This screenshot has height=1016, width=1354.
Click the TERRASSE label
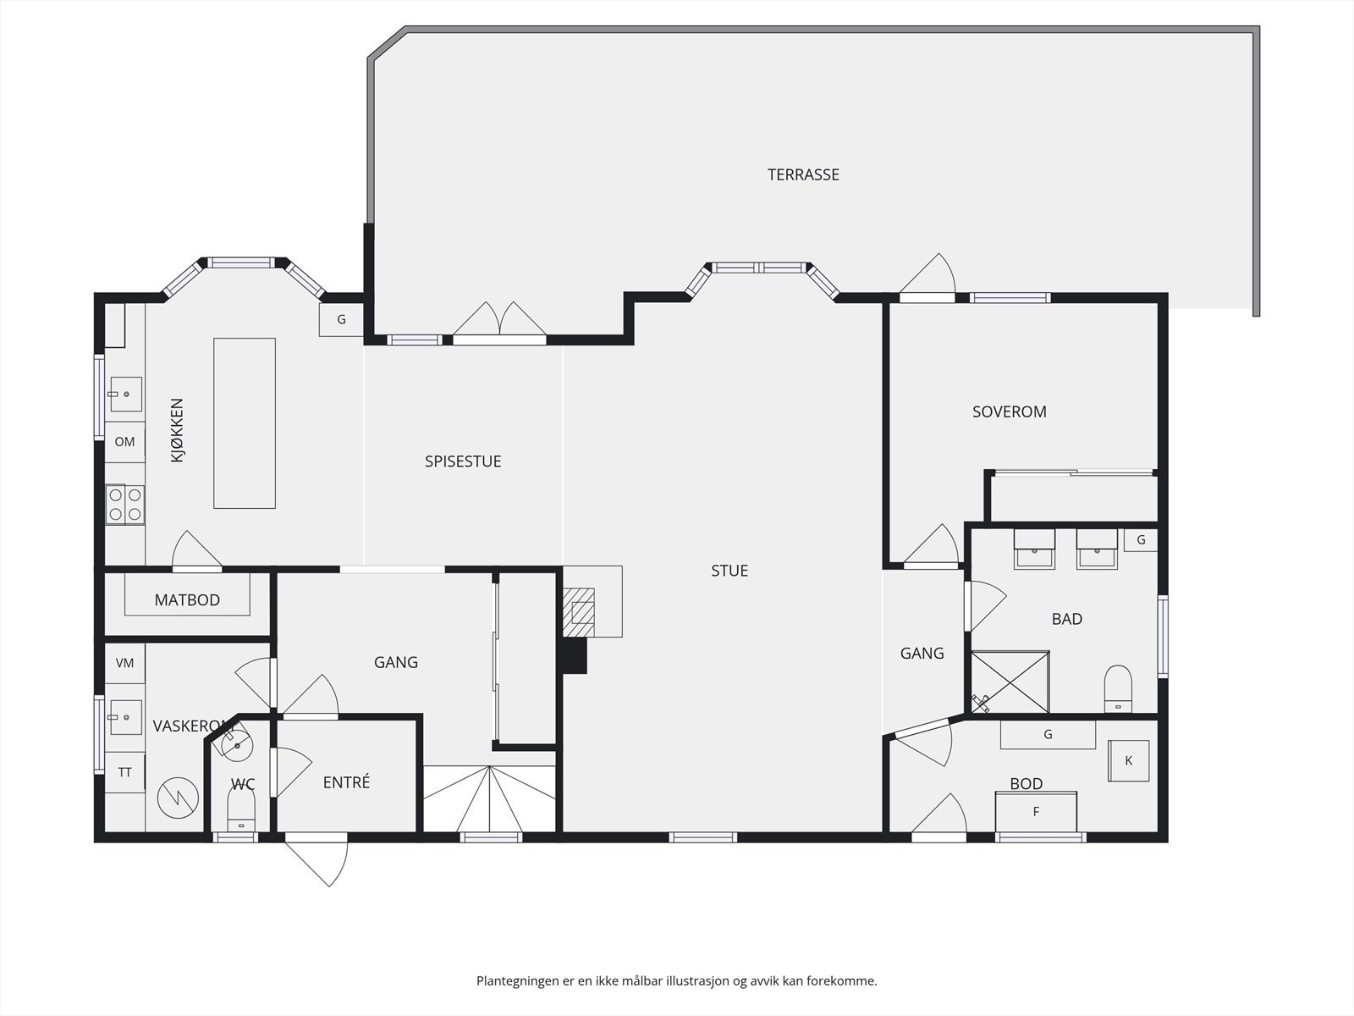click(803, 174)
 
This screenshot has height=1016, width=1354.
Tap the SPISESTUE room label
click(463, 461)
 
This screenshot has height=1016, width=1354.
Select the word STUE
click(729, 571)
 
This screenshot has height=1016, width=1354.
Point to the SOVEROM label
click(1010, 411)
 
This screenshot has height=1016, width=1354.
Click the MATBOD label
click(187, 599)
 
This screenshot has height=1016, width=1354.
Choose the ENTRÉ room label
click(346, 782)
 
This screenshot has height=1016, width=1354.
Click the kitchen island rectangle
click(245, 423)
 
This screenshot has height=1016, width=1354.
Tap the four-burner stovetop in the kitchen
click(125, 505)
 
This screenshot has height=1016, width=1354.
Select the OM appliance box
click(124, 442)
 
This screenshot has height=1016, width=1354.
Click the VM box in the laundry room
click(124, 663)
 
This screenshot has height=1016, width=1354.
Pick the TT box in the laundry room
click(124, 771)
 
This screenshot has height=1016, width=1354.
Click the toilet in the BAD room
click(1118, 688)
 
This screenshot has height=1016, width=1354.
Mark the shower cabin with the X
click(1010, 682)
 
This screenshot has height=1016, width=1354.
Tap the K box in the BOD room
click(1129, 760)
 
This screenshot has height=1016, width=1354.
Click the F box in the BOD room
click(1037, 812)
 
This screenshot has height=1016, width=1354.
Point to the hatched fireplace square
click(579, 612)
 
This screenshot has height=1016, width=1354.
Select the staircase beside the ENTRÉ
click(489, 799)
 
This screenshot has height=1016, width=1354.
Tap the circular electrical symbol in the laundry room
click(178, 798)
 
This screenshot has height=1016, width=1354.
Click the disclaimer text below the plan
click(677, 980)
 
